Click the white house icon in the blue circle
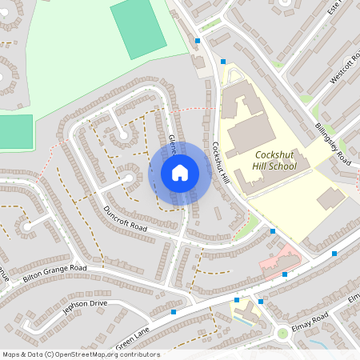pos(180,172)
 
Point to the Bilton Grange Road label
pos(54,274)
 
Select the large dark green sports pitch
pos(138,28)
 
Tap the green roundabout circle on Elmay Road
pos(282,333)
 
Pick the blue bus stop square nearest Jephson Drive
pos(174,311)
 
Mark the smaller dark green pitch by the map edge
pos(16,129)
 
